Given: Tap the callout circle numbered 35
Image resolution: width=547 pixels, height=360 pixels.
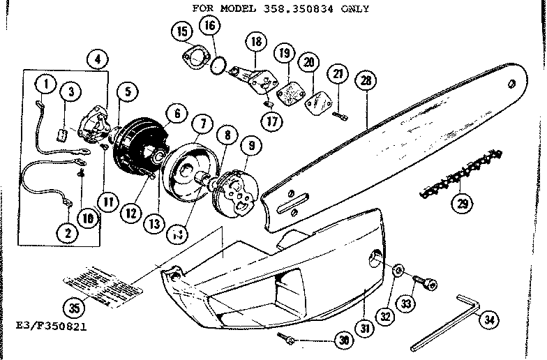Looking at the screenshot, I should pos(71,306).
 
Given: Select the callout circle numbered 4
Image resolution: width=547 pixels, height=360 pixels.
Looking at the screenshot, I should pos(97,59).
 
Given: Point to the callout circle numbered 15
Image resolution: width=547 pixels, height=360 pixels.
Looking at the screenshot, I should pos(182,32).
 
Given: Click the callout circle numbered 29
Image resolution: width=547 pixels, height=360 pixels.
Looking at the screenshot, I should pos(461,204).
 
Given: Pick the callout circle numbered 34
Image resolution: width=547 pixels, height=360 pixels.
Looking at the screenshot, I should pos(490,320).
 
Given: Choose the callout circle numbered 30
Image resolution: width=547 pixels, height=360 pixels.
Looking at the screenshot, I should pos(342,340).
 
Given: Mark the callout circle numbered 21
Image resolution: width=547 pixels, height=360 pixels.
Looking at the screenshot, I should pos(338,75).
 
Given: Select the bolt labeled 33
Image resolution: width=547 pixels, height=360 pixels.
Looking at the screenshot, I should pos(426,283).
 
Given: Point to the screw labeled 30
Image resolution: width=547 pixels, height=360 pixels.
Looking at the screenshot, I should pos(287,338).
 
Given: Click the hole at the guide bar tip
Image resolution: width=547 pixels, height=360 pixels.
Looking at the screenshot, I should pos(513,83).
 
